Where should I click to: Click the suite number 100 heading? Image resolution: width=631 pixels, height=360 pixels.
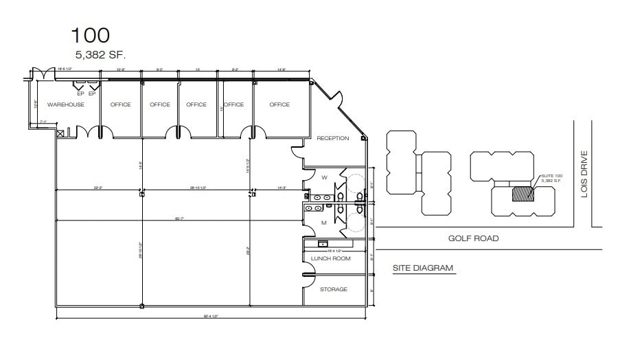pos(90,35)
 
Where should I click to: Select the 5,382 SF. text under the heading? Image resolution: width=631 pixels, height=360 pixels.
pos(101,55)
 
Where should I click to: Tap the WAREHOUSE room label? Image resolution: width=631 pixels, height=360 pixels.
pos(66,104)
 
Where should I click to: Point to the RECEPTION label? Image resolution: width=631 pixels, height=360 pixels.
pos(332,138)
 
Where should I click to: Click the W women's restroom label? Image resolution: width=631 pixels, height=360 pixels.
pos(324,177)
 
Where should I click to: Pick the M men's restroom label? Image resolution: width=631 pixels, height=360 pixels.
pos(323,223)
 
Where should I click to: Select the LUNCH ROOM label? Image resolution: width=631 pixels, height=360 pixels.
pos(330,258)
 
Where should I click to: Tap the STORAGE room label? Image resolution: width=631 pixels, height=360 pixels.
pos(334,289)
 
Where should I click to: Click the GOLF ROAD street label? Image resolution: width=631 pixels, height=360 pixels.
pos(473,238)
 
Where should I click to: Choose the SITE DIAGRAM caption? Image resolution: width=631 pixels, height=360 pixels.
pos(423,268)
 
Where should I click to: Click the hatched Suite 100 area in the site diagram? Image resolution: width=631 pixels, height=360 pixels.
pos(522,194)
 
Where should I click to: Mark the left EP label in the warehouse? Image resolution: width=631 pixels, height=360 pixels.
pos(80,93)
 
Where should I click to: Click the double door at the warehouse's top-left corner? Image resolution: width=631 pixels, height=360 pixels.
pos(42,72)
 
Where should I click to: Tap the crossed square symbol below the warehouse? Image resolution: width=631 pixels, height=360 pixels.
pos(60,133)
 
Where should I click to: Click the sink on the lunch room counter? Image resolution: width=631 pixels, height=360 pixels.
pos(322,244)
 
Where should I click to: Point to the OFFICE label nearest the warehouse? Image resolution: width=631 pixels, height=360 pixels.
pos(120,104)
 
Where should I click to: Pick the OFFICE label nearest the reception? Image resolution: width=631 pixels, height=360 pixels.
pos(279,104)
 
